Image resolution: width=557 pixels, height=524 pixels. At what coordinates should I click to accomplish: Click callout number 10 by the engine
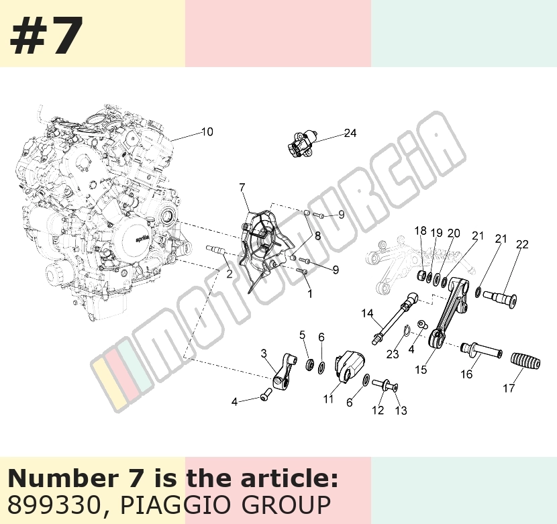tap(207, 132)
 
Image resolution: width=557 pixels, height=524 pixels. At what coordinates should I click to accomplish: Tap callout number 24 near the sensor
tap(350, 133)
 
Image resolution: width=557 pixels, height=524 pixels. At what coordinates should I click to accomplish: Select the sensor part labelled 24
tap(302, 143)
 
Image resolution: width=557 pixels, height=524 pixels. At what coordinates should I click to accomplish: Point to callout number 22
tap(522, 244)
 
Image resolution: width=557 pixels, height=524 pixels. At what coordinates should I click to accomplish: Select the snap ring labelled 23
tap(407, 330)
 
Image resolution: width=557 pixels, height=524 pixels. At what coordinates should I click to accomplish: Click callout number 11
tap(328, 399)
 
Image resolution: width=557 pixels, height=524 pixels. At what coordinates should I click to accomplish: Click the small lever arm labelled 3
tap(285, 370)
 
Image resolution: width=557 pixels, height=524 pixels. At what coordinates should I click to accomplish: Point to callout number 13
tap(401, 411)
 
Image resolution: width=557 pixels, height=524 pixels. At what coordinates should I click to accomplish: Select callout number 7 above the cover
tap(242, 187)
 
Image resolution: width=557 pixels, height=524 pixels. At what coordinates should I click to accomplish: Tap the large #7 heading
tap(46, 35)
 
